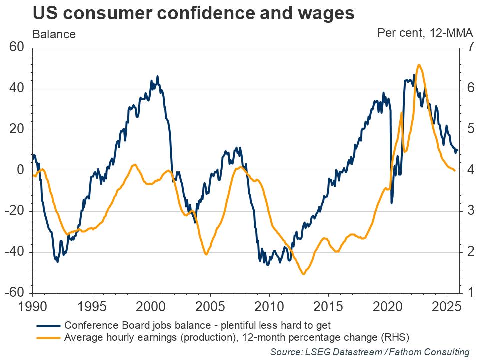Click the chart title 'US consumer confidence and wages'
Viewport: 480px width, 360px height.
[x=193, y=14]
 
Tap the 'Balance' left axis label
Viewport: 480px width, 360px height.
[x=54, y=34]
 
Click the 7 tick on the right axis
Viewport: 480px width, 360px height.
[x=470, y=48]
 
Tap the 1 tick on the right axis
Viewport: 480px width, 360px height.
[x=470, y=293]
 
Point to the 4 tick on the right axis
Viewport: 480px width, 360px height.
[x=470, y=171]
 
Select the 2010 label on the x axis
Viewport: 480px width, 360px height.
[x=269, y=305]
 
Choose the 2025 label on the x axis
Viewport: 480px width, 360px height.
[x=447, y=305]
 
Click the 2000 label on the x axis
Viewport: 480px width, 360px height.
[x=151, y=305]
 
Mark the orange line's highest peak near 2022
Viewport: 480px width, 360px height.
[x=418, y=65]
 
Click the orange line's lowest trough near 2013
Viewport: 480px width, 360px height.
[x=303, y=274]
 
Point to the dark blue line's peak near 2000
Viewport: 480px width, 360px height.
[x=158, y=76]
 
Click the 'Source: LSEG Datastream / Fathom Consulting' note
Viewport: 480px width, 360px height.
[x=370, y=351]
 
